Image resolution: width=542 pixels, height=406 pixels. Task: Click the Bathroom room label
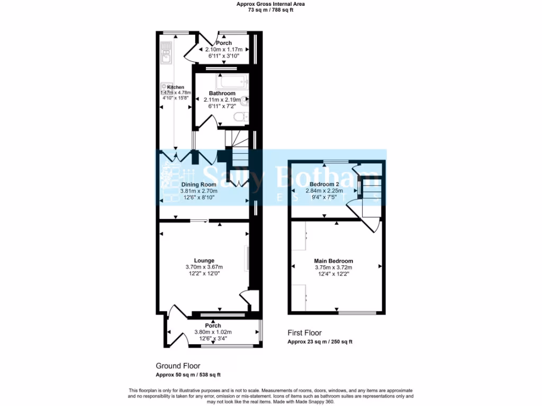(222, 93)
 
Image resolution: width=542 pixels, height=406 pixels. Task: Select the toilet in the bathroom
(241, 117)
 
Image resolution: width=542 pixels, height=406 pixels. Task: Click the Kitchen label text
(176, 87)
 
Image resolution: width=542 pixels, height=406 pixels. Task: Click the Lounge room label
(204, 261)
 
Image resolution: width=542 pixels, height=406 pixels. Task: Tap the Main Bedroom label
(333, 261)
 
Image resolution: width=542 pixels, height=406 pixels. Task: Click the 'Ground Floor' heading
(178, 366)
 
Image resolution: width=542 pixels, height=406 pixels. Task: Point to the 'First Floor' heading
(304, 333)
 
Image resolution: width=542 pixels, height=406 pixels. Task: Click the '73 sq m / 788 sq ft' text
(270, 10)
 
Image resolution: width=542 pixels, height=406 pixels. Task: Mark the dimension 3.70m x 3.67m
(204, 267)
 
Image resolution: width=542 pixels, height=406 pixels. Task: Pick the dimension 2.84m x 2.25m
(324, 191)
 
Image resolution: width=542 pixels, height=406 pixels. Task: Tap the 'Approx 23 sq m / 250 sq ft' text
(320, 342)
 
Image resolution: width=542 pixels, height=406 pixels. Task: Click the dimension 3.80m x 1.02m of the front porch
(213, 332)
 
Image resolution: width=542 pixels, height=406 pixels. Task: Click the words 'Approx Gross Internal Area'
(270, 4)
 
